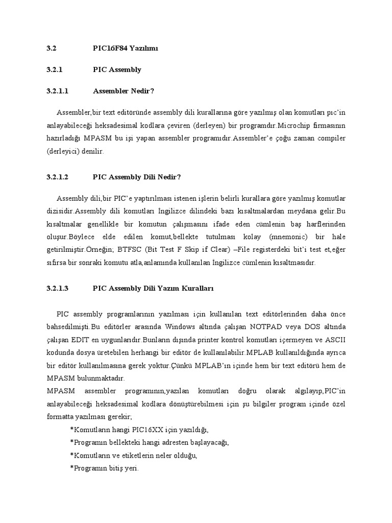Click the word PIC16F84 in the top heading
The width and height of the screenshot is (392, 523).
110,49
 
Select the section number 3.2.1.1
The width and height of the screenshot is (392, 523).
57,91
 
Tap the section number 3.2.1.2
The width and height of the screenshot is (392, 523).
57,177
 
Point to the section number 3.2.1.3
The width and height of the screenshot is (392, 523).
57,289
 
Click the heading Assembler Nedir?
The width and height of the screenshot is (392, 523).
124,91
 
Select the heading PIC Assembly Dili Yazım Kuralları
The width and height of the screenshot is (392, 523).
153,289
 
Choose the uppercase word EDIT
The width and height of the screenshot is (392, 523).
83,340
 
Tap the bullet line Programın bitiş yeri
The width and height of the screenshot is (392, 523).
104,468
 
